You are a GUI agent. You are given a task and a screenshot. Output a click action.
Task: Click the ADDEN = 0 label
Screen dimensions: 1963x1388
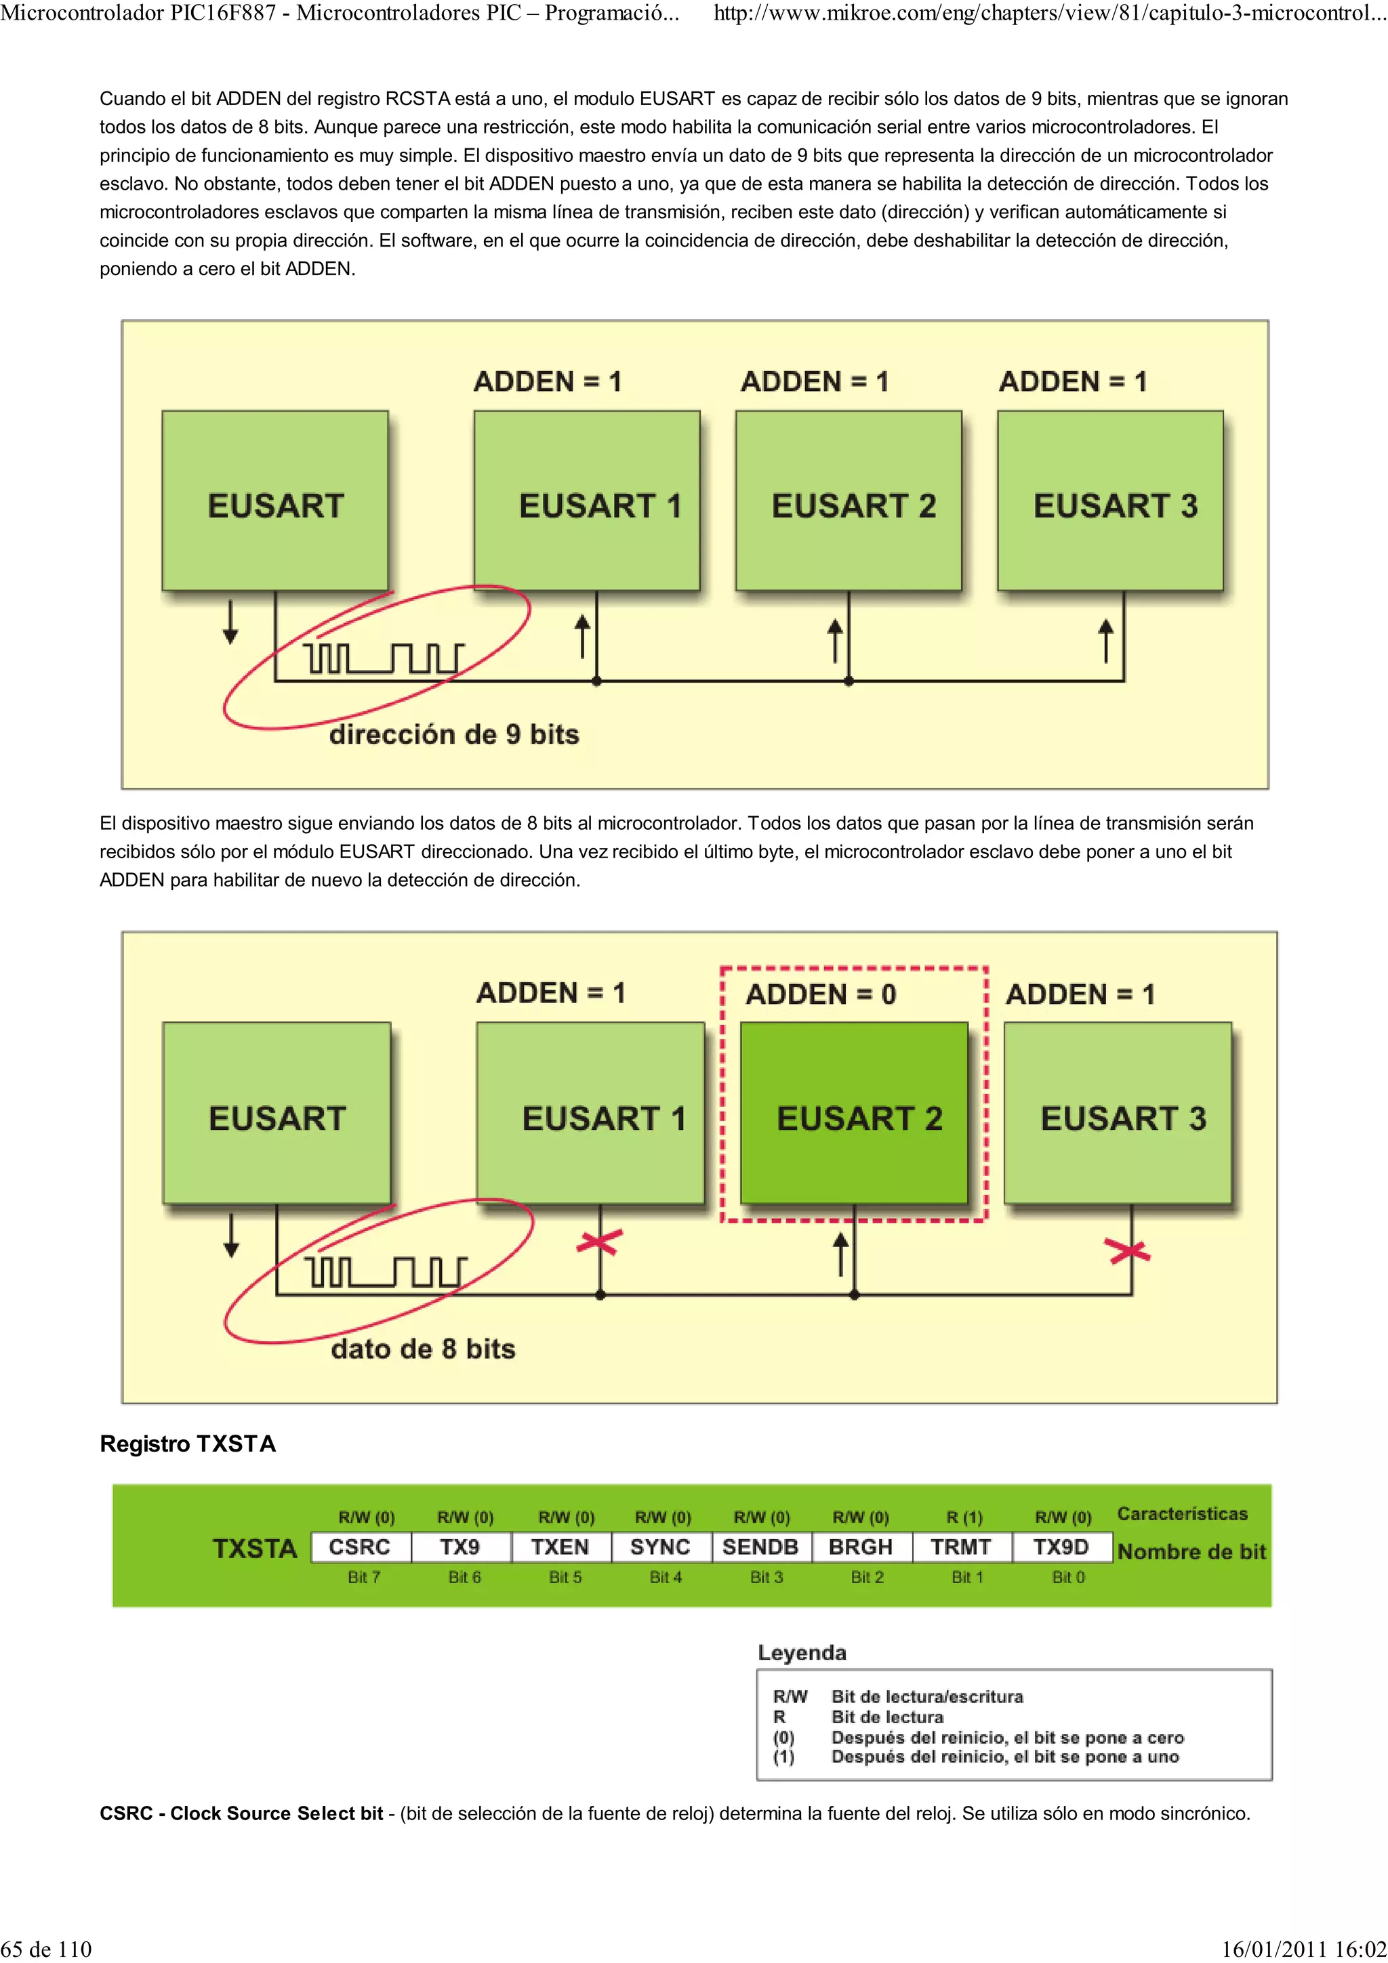pos(820,994)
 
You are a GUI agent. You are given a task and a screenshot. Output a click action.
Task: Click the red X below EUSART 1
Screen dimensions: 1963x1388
pos(600,1242)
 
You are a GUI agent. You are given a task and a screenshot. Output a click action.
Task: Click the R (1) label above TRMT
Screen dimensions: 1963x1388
pos(964,1517)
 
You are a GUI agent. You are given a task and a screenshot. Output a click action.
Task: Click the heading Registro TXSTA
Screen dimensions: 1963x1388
pos(188,1444)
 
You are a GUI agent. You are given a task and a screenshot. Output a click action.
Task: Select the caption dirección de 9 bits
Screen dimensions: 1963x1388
pos(454,734)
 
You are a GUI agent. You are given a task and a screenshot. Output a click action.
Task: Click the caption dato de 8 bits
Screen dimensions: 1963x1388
pos(424,1349)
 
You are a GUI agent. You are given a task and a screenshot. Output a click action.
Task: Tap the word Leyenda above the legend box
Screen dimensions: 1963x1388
pos(802,1653)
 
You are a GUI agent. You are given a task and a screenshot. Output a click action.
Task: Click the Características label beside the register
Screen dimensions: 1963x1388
pos(1182,1514)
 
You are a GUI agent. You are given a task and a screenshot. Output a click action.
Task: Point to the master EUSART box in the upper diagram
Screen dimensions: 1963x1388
pos(275,501)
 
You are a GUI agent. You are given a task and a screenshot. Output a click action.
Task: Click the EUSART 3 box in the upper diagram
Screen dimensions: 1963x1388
pos(1110,501)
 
